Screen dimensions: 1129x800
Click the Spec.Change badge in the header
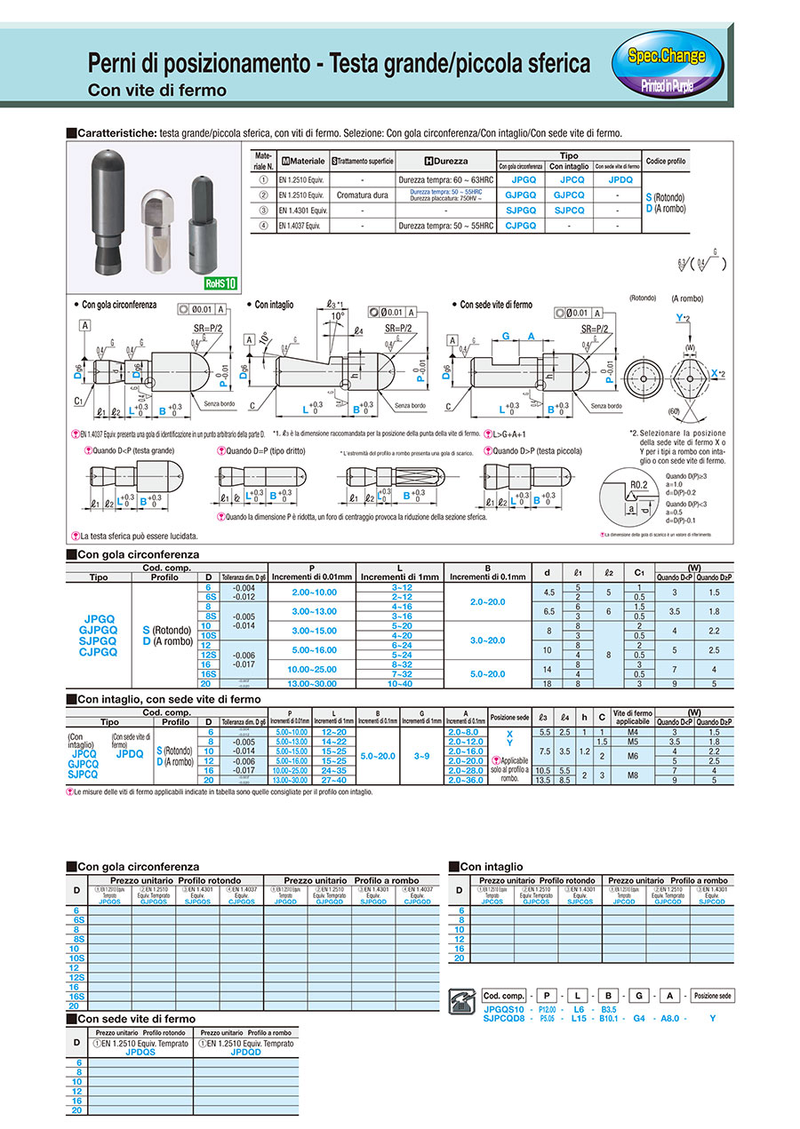click(667, 57)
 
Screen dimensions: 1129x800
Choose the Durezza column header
click(445, 161)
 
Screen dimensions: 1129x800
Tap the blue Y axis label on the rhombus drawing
click(678, 317)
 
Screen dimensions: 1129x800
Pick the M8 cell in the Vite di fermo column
click(633, 776)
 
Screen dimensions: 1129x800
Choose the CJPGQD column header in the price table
click(417, 901)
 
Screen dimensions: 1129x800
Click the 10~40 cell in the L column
click(401, 683)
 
